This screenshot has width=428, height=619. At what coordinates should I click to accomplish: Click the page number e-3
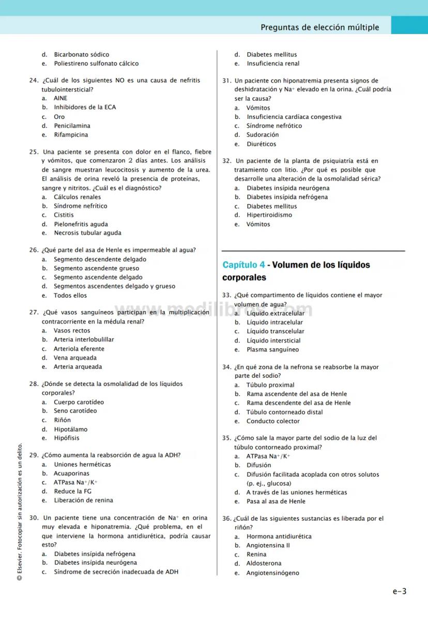(x=399, y=591)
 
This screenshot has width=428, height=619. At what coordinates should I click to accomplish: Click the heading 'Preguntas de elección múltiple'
(x=319, y=27)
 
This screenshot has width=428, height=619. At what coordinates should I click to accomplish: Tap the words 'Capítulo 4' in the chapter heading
(x=243, y=265)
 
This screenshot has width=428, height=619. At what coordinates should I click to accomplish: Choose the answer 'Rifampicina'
(x=71, y=135)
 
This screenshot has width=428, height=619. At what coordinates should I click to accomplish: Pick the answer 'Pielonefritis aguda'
(x=81, y=224)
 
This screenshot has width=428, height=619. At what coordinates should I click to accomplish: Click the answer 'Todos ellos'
(x=70, y=296)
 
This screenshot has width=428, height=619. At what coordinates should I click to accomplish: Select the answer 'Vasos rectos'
(x=72, y=331)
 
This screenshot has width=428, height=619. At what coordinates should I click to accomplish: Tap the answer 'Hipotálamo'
(x=71, y=429)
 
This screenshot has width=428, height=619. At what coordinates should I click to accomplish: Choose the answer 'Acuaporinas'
(x=71, y=473)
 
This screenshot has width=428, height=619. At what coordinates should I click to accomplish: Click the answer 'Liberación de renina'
(x=83, y=500)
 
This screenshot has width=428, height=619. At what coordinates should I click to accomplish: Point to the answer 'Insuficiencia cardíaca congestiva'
(x=294, y=117)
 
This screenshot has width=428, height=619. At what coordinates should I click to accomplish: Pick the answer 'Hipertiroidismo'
(x=269, y=215)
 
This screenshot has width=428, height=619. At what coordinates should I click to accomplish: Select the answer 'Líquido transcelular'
(x=275, y=332)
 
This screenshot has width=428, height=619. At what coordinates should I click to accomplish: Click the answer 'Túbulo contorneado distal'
(x=284, y=412)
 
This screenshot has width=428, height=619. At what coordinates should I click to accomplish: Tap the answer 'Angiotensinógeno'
(x=272, y=573)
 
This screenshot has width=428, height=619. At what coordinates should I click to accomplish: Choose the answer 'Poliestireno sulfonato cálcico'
(x=96, y=64)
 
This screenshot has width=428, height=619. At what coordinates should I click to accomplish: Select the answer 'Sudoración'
(x=263, y=135)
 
